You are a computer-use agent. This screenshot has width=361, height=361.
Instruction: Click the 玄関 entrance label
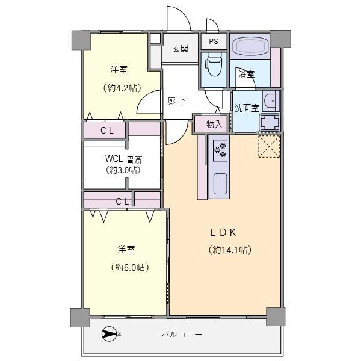(180, 49)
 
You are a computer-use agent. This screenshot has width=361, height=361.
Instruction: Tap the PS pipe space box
(213, 41)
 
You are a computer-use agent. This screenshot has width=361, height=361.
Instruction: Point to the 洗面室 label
(246, 108)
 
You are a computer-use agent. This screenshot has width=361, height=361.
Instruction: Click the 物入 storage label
(214, 125)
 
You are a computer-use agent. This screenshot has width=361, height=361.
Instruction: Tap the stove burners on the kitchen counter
(219, 150)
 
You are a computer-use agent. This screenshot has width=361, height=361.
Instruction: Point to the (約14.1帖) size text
(230, 250)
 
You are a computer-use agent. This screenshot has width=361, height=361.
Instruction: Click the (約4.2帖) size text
(122, 88)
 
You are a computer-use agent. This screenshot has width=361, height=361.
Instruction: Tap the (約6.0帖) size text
(129, 267)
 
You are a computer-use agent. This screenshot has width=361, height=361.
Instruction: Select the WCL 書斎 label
(123, 159)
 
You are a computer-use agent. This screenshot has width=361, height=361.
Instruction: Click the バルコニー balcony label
(181, 334)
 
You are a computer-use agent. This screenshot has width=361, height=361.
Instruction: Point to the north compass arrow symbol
(111, 333)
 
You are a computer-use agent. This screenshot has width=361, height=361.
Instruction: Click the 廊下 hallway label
(176, 100)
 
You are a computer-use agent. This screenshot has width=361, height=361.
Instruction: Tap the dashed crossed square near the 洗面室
(269, 146)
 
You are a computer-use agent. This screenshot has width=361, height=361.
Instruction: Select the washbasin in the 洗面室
(270, 100)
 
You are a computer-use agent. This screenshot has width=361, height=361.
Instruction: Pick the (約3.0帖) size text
(123, 170)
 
